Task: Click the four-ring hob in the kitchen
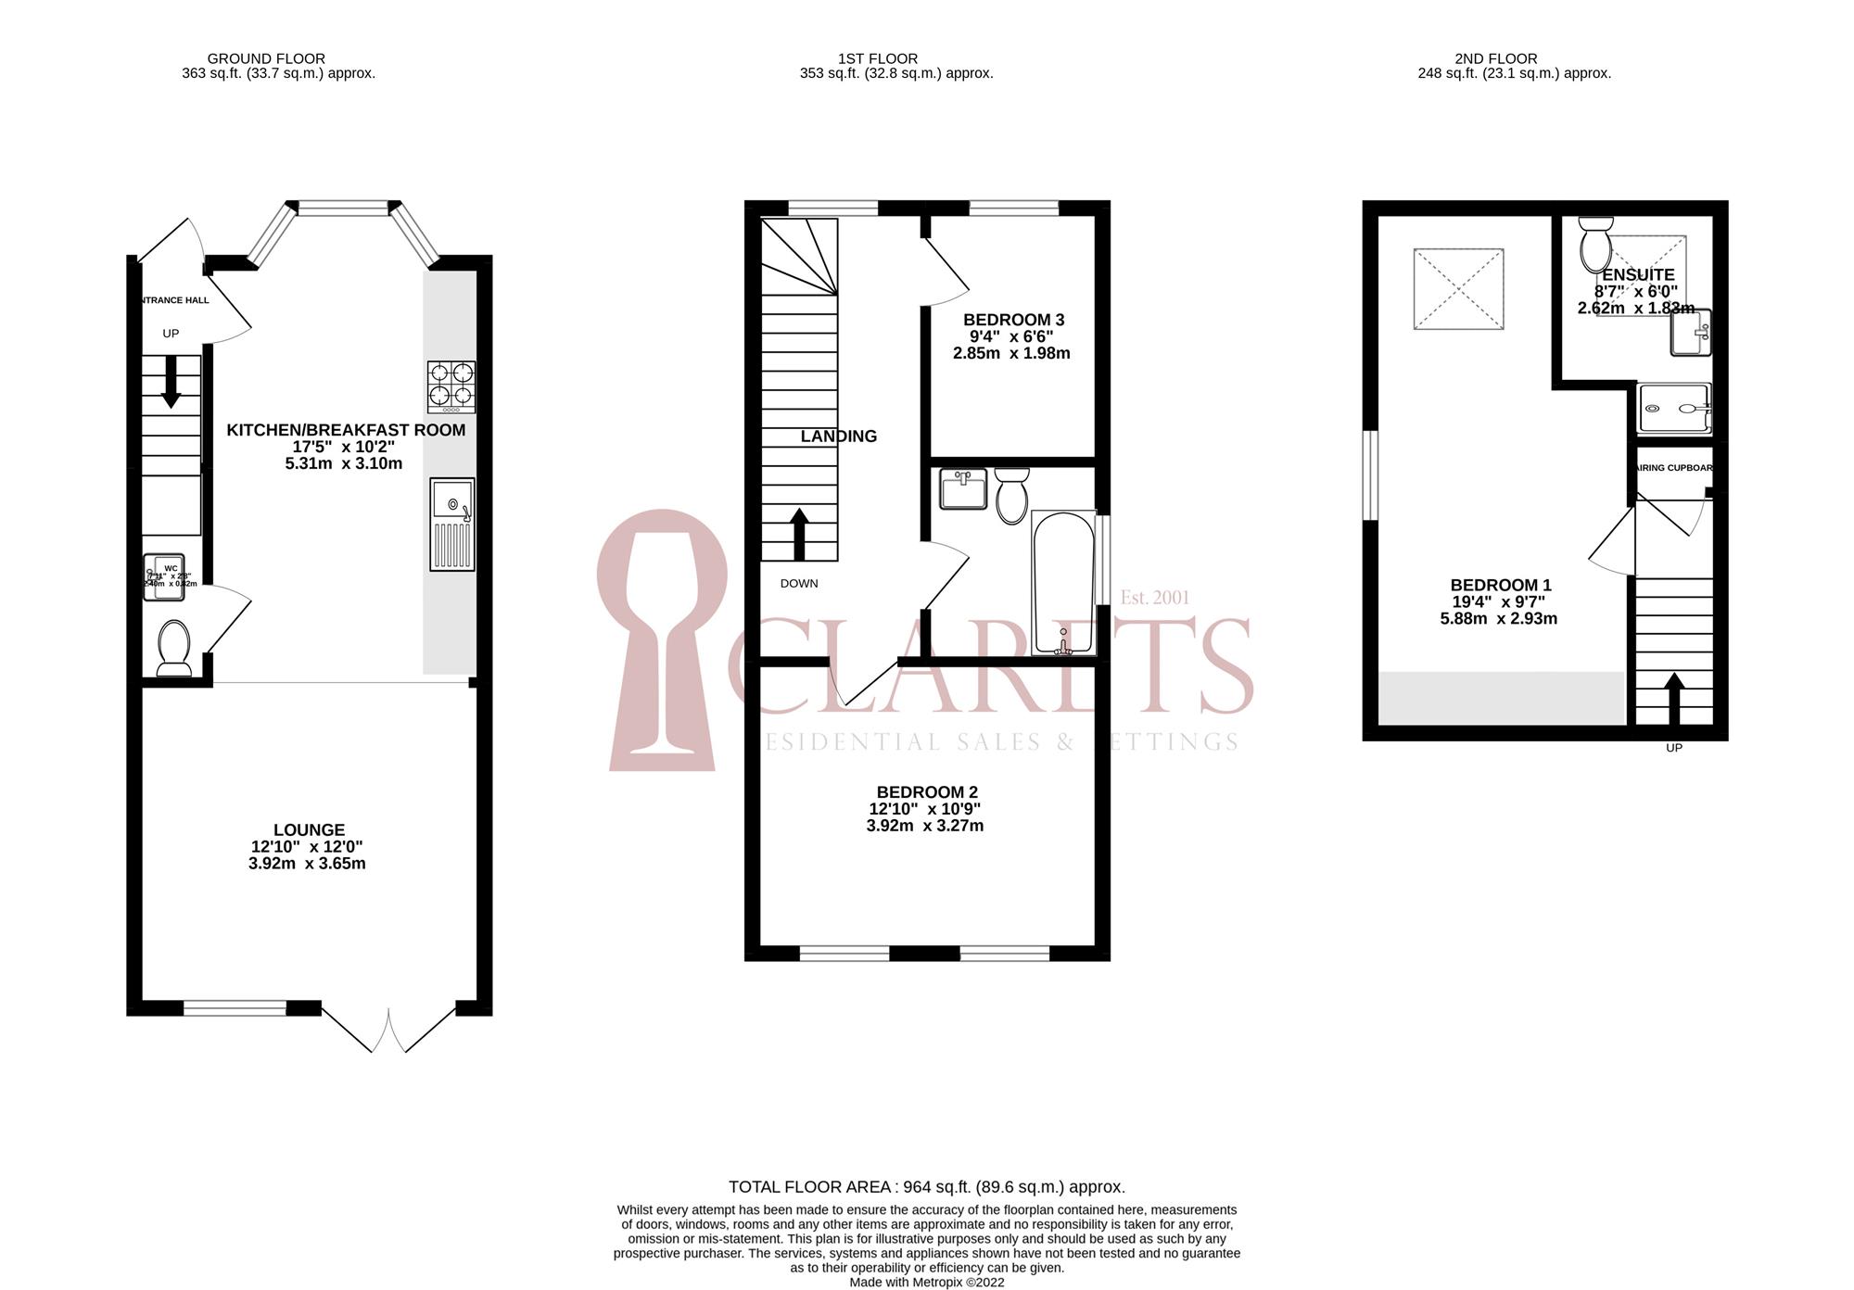[451, 386]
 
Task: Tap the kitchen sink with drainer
[452, 524]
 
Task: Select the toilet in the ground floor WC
[174, 647]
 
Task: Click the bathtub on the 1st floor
[1063, 584]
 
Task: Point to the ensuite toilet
[1596, 244]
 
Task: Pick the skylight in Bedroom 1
[1458, 288]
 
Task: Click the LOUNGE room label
[309, 830]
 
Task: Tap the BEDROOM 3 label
[1013, 320]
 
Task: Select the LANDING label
[839, 436]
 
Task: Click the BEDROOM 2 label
[927, 792]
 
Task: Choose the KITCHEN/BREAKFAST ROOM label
[346, 430]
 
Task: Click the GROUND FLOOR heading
[266, 58]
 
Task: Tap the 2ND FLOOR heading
[1495, 58]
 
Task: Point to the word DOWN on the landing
[799, 584]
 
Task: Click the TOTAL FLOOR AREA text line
[927, 1187]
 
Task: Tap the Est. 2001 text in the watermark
[1154, 598]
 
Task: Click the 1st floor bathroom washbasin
[963, 488]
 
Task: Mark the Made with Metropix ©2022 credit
[927, 1283]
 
